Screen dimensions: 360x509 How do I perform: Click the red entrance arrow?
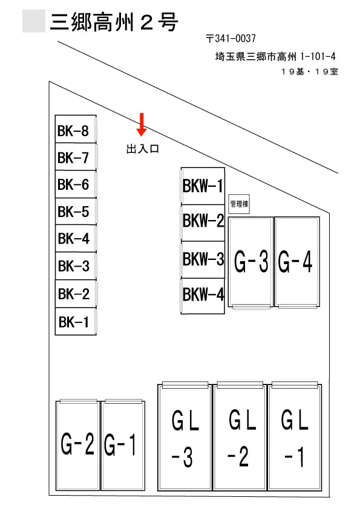click(142, 125)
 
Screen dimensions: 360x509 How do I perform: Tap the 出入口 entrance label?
click(143, 149)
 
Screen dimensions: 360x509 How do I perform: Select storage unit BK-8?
click(76, 129)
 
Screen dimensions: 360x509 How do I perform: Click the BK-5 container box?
click(76, 211)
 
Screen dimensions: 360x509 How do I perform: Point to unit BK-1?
click(76, 322)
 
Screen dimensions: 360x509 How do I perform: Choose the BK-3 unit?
click(76, 266)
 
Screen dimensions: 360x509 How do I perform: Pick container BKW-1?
click(203, 186)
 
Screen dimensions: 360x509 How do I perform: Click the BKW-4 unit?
click(203, 296)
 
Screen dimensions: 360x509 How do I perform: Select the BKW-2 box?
click(203, 222)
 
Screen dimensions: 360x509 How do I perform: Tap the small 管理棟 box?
click(239, 204)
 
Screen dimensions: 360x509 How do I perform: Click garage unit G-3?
click(250, 262)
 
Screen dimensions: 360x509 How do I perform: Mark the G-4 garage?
click(296, 262)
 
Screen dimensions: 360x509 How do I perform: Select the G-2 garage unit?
click(77, 446)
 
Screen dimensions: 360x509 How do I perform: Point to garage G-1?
click(123, 446)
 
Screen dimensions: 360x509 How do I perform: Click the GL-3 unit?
click(185, 437)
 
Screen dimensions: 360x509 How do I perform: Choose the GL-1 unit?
click(295, 437)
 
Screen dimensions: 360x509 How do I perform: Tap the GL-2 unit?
click(240, 437)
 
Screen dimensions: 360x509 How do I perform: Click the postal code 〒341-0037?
click(231, 39)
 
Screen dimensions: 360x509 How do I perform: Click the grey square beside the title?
click(34, 21)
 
